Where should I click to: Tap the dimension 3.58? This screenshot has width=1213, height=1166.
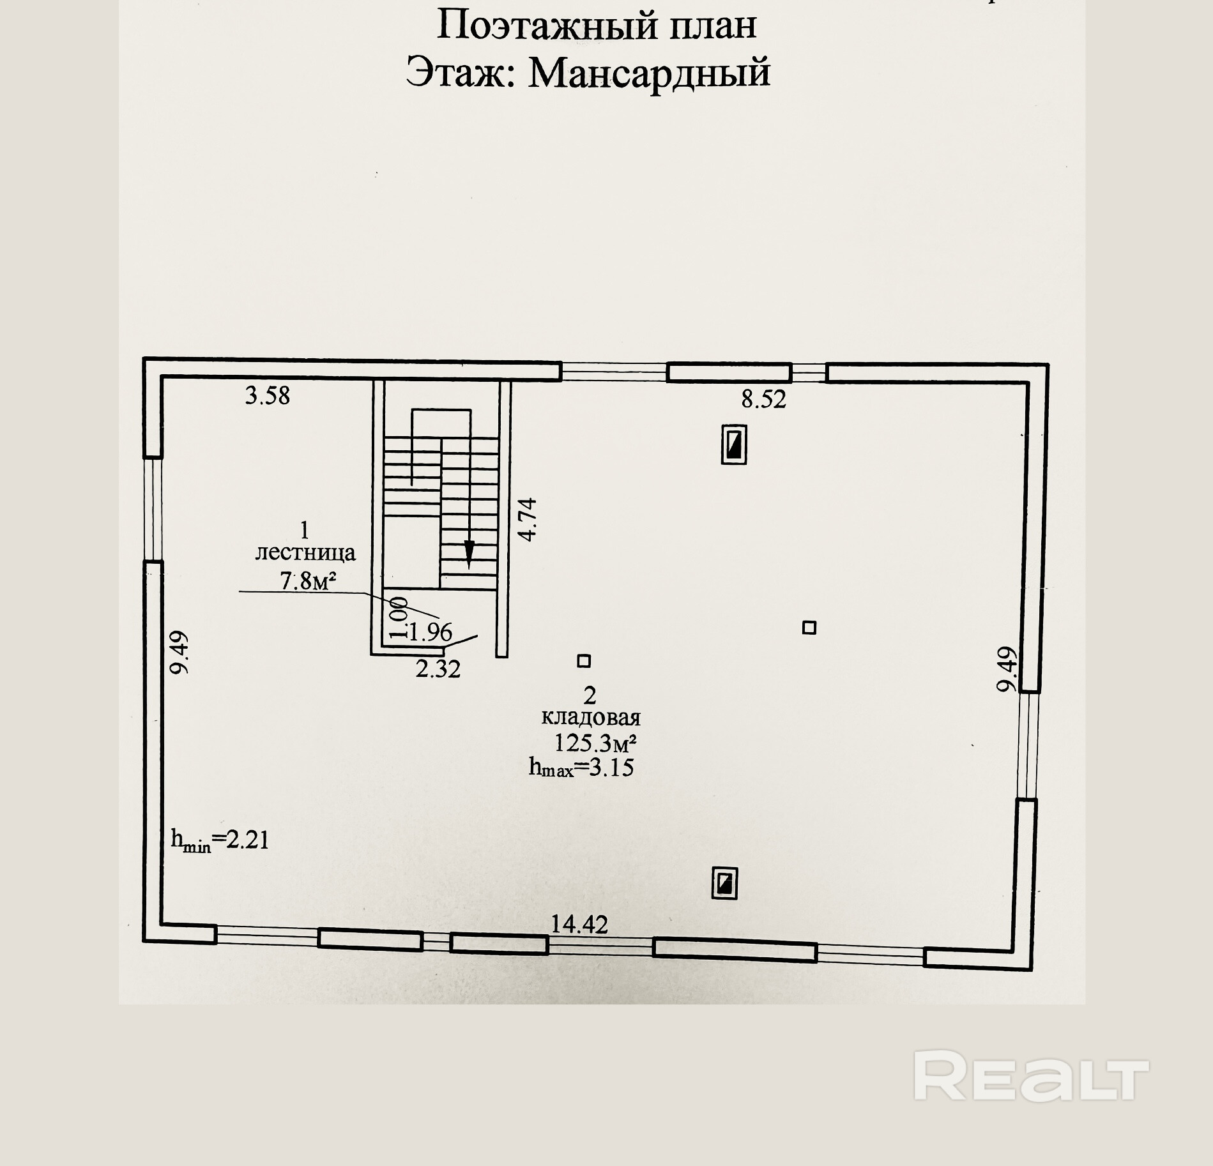click(x=268, y=396)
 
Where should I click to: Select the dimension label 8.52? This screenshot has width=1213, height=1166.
click(x=763, y=400)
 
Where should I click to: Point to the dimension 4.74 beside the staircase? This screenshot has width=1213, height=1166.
click(x=528, y=520)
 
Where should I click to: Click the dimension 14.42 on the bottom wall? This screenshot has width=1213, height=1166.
click(x=580, y=924)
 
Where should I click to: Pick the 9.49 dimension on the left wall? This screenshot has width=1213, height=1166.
click(x=179, y=652)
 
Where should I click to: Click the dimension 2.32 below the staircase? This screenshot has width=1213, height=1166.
click(x=438, y=669)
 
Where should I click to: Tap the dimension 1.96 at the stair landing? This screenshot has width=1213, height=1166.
click(x=429, y=633)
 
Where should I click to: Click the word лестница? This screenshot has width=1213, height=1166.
click(x=305, y=553)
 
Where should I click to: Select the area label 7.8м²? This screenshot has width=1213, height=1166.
click(x=309, y=581)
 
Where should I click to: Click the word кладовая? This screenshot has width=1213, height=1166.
click(x=591, y=718)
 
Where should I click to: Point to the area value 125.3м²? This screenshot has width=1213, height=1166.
click(x=595, y=743)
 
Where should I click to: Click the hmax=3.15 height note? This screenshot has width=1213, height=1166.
click(x=581, y=767)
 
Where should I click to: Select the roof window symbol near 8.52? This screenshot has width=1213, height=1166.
click(x=734, y=444)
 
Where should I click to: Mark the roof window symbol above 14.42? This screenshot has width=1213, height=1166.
click(x=724, y=884)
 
